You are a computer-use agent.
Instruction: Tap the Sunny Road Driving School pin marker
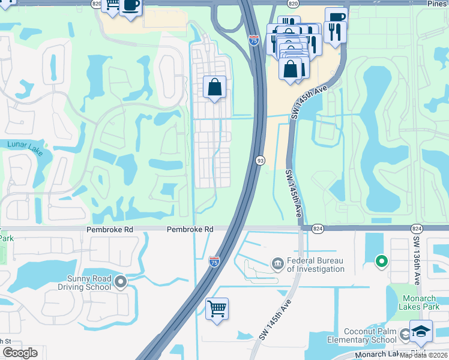[121, 281]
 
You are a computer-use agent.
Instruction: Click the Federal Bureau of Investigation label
[315, 265]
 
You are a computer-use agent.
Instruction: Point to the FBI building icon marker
[277, 263]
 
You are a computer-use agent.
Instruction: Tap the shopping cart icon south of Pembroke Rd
[217, 309]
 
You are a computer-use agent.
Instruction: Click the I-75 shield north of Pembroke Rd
[254, 40]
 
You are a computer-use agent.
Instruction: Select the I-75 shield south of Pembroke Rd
[214, 261]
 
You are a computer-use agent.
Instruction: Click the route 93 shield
[261, 161]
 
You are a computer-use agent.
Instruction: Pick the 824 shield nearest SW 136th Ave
[417, 229]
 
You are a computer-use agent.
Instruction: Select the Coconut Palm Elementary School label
[370, 336]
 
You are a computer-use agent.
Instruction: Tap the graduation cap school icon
[421, 332]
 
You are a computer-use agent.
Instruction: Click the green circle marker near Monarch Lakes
[381, 262]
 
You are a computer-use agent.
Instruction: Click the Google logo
[20, 353]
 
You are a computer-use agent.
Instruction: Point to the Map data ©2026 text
[424, 355]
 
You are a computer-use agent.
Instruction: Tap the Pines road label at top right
[436, 4]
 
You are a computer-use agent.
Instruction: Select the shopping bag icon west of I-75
[214, 88]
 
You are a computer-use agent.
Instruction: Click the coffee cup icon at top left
[130, 6]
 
